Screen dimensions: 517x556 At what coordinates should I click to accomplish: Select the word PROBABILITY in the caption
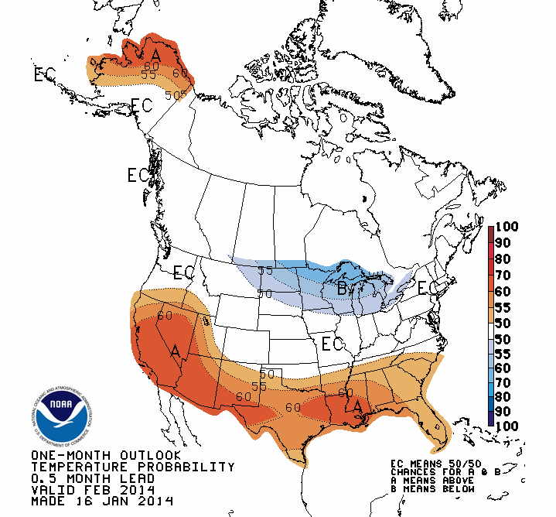pos(188,467)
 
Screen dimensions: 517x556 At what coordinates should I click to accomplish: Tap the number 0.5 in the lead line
pos(45,478)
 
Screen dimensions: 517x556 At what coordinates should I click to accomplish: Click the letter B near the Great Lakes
pos(343,290)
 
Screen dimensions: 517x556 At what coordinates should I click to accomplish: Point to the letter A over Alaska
pos(156,55)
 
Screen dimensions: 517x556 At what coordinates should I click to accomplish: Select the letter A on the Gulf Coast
pos(356,405)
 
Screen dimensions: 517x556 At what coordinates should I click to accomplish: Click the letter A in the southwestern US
pos(176,352)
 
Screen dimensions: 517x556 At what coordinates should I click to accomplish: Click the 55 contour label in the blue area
pos(265,270)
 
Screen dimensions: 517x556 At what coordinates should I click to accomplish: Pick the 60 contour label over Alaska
pos(180,74)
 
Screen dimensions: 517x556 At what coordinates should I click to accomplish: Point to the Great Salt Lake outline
pos(206,320)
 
